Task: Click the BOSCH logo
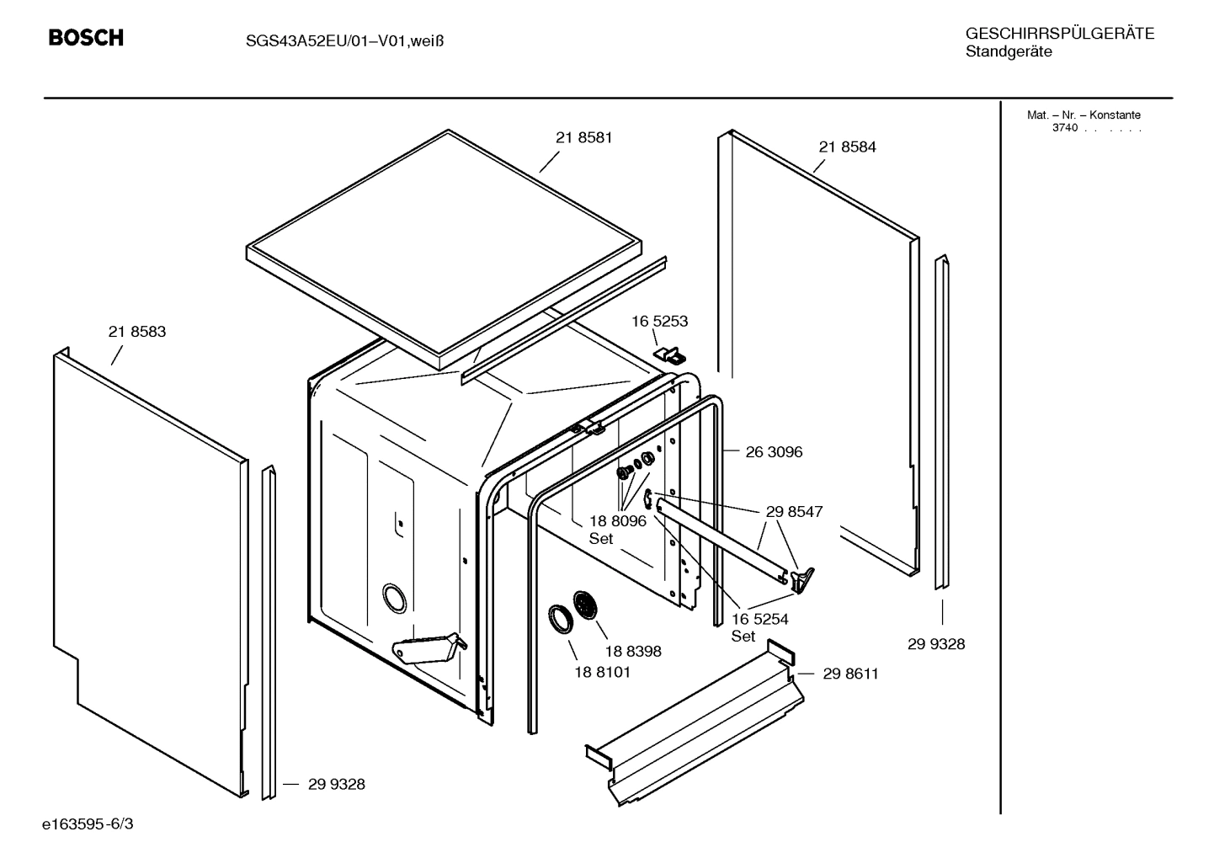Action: point(86,38)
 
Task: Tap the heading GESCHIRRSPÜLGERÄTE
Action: point(1059,34)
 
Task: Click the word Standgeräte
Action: point(1008,52)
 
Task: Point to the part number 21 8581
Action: point(583,138)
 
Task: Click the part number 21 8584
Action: point(847,147)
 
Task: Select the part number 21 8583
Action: point(137,332)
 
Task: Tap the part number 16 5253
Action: point(660,321)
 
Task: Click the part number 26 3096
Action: point(774,452)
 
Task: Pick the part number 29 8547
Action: point(794,511)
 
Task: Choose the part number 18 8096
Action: point(617,521)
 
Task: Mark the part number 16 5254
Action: point(759,620)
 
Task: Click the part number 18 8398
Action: point(632,651)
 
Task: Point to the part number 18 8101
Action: point(602,672)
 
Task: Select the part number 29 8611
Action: point(850,674)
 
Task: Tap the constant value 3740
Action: point(1064,128)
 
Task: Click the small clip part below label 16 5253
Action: point(670,354)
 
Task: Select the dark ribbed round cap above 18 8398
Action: point(584,605)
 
